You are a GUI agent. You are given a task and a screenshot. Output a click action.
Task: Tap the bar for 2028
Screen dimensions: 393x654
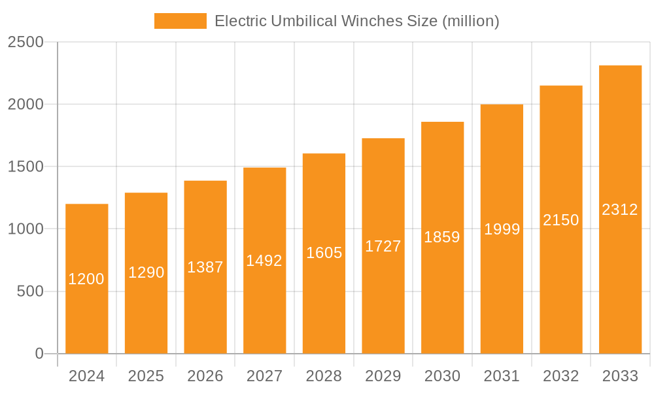324,301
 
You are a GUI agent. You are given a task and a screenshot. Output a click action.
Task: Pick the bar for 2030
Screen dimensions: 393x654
442,295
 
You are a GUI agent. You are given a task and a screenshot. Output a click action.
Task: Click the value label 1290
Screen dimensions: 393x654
146,272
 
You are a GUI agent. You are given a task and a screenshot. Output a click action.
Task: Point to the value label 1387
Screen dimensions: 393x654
205,267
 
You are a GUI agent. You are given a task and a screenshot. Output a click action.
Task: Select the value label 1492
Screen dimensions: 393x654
264,261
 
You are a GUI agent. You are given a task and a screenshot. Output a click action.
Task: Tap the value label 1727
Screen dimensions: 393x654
383,246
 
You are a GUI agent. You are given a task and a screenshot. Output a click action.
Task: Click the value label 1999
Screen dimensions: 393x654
502,229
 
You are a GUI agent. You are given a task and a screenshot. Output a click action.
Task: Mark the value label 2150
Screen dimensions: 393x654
561,220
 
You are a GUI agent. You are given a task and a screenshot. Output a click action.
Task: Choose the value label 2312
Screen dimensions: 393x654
620,210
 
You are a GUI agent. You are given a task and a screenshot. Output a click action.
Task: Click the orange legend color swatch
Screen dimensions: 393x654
180,21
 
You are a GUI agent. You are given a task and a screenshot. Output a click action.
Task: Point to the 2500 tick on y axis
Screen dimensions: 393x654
26,42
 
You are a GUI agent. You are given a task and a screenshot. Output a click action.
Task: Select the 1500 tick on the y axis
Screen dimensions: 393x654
26,167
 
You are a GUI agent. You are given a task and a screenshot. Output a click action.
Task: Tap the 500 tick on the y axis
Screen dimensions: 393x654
29,291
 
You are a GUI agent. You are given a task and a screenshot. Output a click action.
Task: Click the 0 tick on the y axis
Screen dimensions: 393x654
39,354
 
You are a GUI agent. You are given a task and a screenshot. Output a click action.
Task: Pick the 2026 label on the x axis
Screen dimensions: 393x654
205,376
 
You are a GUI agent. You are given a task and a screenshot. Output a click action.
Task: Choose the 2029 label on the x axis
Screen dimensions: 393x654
383,376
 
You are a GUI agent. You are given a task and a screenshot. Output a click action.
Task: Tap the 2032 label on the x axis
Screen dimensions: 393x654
561,376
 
